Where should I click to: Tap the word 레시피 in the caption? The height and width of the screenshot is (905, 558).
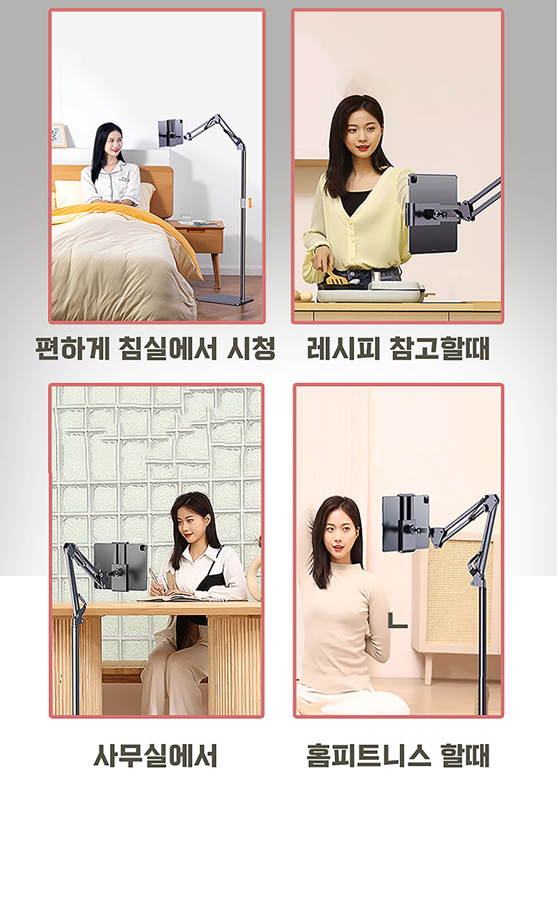pos(343,348)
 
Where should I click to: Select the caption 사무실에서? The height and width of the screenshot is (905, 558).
pos(155,755)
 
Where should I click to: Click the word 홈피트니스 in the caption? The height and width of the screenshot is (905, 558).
pos(368,755)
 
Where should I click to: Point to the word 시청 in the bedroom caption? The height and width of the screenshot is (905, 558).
pos(252,348)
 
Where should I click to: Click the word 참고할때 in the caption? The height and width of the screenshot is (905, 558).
pos(440,348)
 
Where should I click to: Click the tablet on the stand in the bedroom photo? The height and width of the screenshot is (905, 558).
pos(171,133)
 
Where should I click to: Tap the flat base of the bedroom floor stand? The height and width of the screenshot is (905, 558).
pos(225,300)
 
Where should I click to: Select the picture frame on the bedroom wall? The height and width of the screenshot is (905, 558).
pos(59,135)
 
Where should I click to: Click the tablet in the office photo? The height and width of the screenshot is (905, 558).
pos(121,566)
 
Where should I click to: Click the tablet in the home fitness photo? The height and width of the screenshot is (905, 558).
pos(406,523)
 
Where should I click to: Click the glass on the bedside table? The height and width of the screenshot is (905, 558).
pos(186,217)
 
